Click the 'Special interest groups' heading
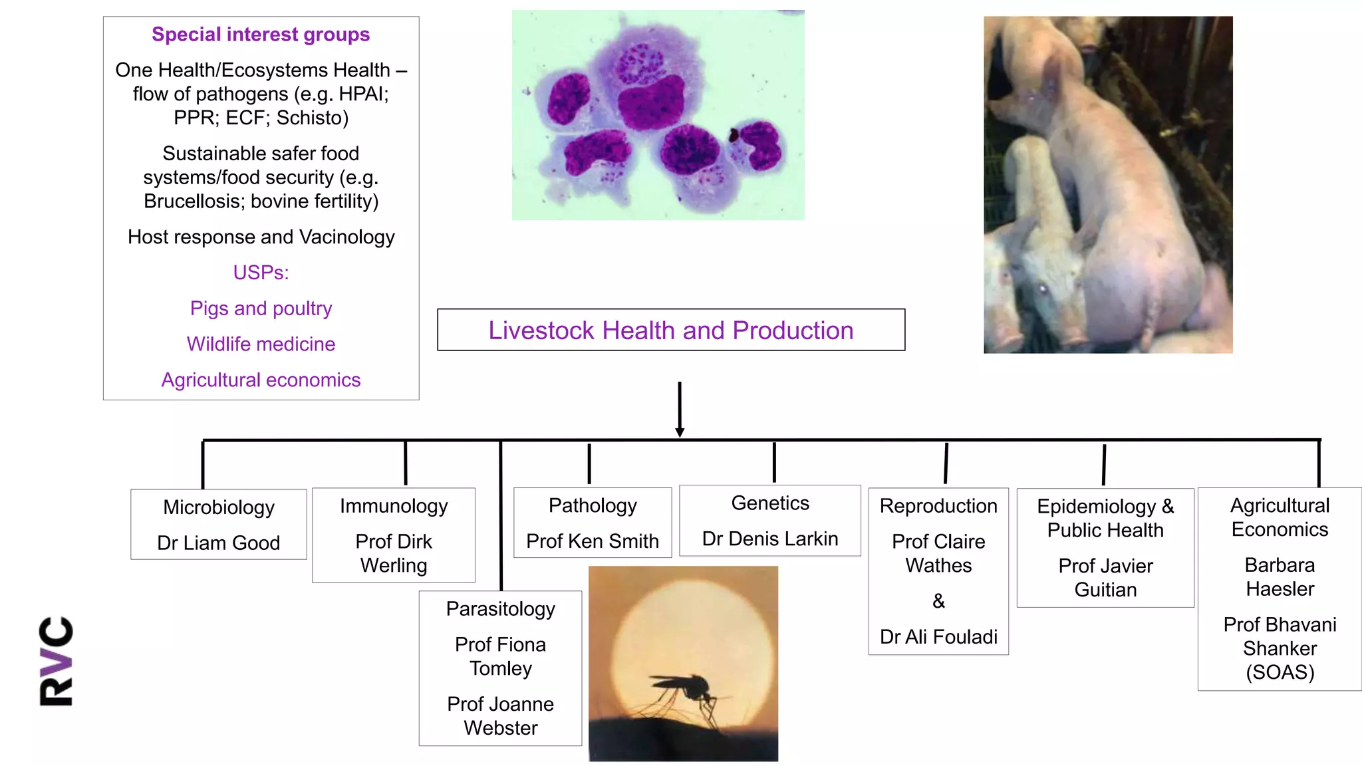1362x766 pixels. coord(261,35)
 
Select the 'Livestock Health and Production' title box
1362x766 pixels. coord(670,330)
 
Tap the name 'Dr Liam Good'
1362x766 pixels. coord(218,543)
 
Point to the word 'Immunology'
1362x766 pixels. coord(394,506)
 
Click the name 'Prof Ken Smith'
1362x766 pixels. coord(592,541)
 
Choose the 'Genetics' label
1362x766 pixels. coord(770,503)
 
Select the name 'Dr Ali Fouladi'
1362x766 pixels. coord(938,637)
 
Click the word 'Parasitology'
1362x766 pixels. coord(500,609)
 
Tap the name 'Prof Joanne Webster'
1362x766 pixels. coord(500,715)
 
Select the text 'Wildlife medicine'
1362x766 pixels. coord(261,344)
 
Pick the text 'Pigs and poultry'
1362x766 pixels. coord(261,309)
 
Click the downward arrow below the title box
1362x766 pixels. coord(679,409)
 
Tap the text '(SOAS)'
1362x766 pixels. coord(1280,672)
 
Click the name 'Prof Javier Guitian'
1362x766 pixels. coord(1105,578)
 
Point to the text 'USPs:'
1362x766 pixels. coord(261,273)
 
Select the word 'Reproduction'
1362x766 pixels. coord(938,506)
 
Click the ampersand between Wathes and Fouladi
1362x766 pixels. coord(938,601)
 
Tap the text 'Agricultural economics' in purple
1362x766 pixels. coord(261,380)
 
